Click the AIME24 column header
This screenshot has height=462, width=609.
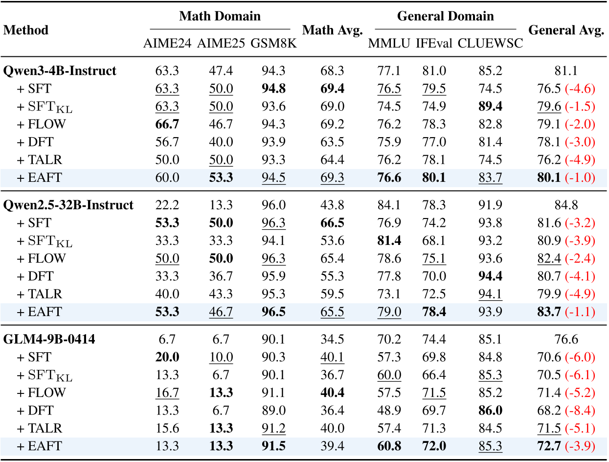coord(167,43)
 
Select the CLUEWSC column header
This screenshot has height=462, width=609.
coord(490,43)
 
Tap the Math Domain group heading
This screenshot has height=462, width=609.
coord(220,16)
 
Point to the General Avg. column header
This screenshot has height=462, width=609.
coord(566,30)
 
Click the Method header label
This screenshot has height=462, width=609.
coord(26,30)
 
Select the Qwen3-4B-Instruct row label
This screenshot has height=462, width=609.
coord(60,71)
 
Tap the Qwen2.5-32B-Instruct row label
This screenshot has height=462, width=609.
coord(68,205)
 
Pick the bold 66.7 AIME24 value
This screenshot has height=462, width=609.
coord(166,124)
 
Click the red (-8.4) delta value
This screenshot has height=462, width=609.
coord(581,411)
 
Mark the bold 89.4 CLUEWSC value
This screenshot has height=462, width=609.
coord(490,106)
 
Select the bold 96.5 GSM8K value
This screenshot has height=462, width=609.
coord(273,312)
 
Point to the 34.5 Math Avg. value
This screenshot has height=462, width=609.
coord(332,339)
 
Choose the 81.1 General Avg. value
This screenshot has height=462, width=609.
coord(566,71)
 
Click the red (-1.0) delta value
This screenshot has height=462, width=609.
coord(581,178)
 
